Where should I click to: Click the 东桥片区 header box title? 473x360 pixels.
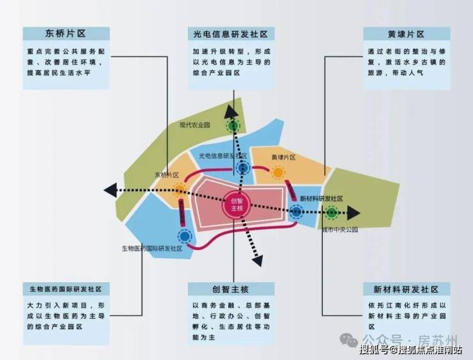[x=64, y=34]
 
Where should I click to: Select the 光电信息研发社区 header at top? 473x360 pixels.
[x=231, y=34]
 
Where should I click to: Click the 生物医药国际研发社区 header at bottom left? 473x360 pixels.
[x=61, y=289]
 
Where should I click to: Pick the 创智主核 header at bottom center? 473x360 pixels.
[x=231, y=289]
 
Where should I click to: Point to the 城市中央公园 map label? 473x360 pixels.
[x=339, y=229]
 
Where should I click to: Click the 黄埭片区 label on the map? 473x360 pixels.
[x=283, y=157]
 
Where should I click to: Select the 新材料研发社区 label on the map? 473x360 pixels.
[x=321, y=198]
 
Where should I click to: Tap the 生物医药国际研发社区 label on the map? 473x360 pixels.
[x=152, y=248]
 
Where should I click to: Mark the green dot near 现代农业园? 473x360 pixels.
[x=234, y=126]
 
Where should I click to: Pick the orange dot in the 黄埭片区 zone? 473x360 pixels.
[x=278, y=172]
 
